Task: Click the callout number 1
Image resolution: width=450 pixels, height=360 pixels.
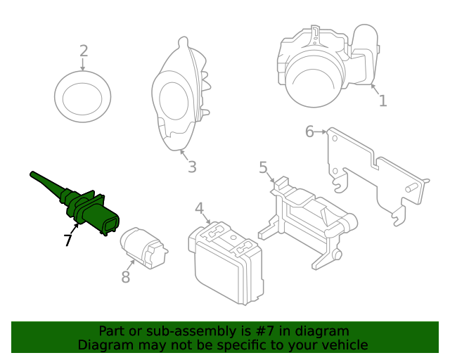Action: pyautogui.click(x=382, y=101)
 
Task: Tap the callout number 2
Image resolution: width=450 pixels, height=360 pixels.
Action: pyautogui.click(x=84, y=51)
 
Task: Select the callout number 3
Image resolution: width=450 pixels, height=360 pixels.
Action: pyautogui.click(x=191, y=167)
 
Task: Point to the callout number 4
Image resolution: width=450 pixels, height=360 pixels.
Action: pyautogui.click(x=200, y=208)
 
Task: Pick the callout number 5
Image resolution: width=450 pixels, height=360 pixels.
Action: pyautogui.click(x=263, y=167)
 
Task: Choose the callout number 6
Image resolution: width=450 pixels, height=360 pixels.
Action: pyautogui.click(x=309, y=131)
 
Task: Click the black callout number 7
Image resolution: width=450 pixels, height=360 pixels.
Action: pyautogui.click(x=67, y=240)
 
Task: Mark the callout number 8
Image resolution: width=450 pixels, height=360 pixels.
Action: pyautogui.click(x=126, y=277)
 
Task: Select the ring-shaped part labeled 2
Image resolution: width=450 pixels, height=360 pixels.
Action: pyautogui.click(x=83, y=96)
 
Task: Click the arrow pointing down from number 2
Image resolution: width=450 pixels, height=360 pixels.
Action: pyautogui.click(x=83, y=65)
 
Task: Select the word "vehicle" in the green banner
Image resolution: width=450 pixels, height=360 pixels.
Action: pyautogui.click(x=343, y=345)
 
